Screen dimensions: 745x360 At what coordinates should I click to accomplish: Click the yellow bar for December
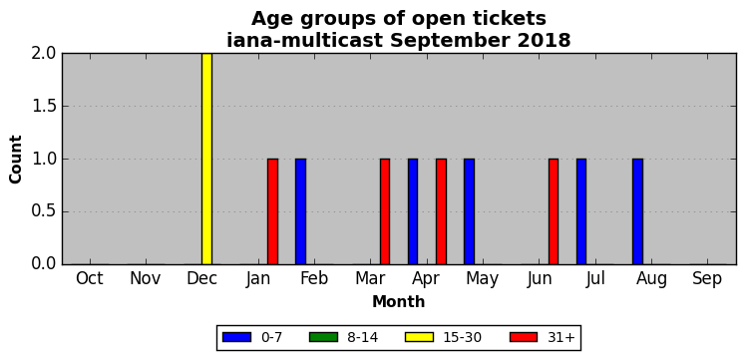pyautogui.click(x=206, y=159)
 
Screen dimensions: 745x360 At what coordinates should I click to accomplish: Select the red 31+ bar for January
pyautogui.click(x=272, y=211)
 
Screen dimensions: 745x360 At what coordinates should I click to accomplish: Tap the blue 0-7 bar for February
pyautogui.click(x=301, y=211)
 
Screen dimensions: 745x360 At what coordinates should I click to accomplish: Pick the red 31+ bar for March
pyautogui.click(x=385, y=211)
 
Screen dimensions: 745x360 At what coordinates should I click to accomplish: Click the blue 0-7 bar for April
pyautogui.click(x=413, y=211)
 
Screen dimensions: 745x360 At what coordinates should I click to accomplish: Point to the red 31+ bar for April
pyautogui.click(x=442, y=211)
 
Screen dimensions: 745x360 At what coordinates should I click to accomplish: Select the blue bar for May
pyautogui.click(x=469, y=211)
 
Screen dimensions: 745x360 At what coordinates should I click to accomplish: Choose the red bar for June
pyautogui.click(x=554, y=211)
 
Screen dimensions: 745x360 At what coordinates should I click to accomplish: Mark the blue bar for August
pyautogui.click(x=637, y=211)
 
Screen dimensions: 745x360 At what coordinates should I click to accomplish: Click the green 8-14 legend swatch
pyautogui.click(x=323, y=337)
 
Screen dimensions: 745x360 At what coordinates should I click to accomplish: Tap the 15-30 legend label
pyautogui.click(x=463, y=338)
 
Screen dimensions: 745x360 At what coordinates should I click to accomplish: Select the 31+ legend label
pyautogui.click(x=561, y=338)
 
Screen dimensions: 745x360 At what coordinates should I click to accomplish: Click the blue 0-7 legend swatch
pyautogui.click(x=236, y=337)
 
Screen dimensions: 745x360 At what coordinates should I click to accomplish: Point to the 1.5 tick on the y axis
pyautogui.click(x=44, y=107)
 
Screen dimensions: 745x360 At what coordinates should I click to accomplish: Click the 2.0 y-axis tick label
pyautogui.click(x=44, y=54)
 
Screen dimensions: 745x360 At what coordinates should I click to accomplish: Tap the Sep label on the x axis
pyautogui.click(x=707, y=279)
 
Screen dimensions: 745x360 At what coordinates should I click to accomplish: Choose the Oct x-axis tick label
pyautogui.click(x=90, y=279)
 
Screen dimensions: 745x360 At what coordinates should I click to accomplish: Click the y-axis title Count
pyautogui.click(x=16, y=160)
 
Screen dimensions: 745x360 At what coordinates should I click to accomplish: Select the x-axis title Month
pyautogui.click(x=399, y=301)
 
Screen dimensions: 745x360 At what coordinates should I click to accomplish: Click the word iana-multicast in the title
pyautogui.click(x=304, y=40)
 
